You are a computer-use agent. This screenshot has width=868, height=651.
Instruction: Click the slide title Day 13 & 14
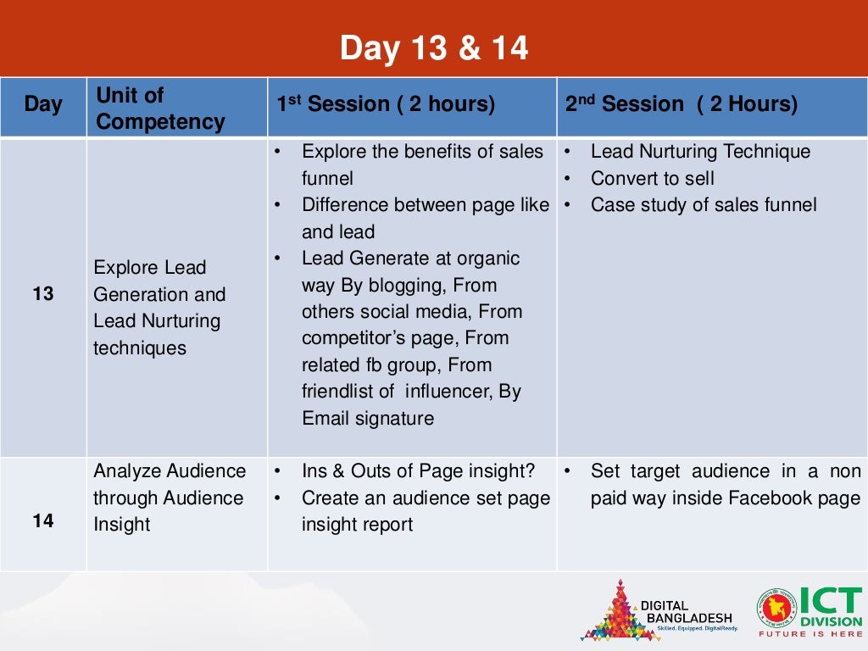[434, 48]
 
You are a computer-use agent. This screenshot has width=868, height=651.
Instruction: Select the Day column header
[43, 105]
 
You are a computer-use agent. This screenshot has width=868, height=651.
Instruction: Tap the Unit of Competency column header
[160, 108]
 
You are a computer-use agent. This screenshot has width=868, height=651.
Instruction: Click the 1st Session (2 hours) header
[385, 105]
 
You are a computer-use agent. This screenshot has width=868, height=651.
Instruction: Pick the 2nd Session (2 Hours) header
[682, 105]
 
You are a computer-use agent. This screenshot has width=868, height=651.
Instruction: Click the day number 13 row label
[43, 294]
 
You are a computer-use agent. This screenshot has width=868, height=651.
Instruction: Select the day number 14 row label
[43, 521]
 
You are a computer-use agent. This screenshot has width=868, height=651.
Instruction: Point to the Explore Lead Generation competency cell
[159, 308]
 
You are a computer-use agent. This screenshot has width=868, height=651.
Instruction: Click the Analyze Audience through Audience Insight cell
[170, 498]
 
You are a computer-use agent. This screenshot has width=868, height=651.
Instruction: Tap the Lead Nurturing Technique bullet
[700, 152]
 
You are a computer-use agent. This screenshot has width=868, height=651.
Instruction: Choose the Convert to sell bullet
[652, 179]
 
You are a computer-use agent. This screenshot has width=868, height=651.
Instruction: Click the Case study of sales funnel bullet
[704, 205]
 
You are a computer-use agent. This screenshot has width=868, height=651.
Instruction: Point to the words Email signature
[368, 419]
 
